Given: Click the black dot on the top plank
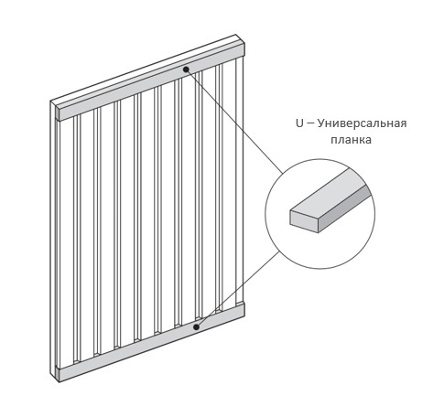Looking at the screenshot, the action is click(x=186, y=69).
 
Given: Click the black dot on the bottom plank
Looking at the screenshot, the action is click(x=197, y=327).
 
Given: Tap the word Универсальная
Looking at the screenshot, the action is click(x=362, y=123).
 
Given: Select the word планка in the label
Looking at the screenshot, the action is click(x=351, y=140).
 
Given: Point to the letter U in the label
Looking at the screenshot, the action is click(x=299, y=123).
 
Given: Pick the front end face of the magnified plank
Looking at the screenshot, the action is click(x=304, y=221).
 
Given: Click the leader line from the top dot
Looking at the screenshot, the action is click(x=234, y=122).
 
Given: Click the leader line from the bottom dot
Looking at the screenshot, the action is click(x=238, y=289).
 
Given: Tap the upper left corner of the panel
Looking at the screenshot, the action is click(x=50, y=102).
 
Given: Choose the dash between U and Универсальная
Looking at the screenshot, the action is click(x=310, y=124).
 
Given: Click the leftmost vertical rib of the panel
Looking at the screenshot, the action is click(x=76, y=239).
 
